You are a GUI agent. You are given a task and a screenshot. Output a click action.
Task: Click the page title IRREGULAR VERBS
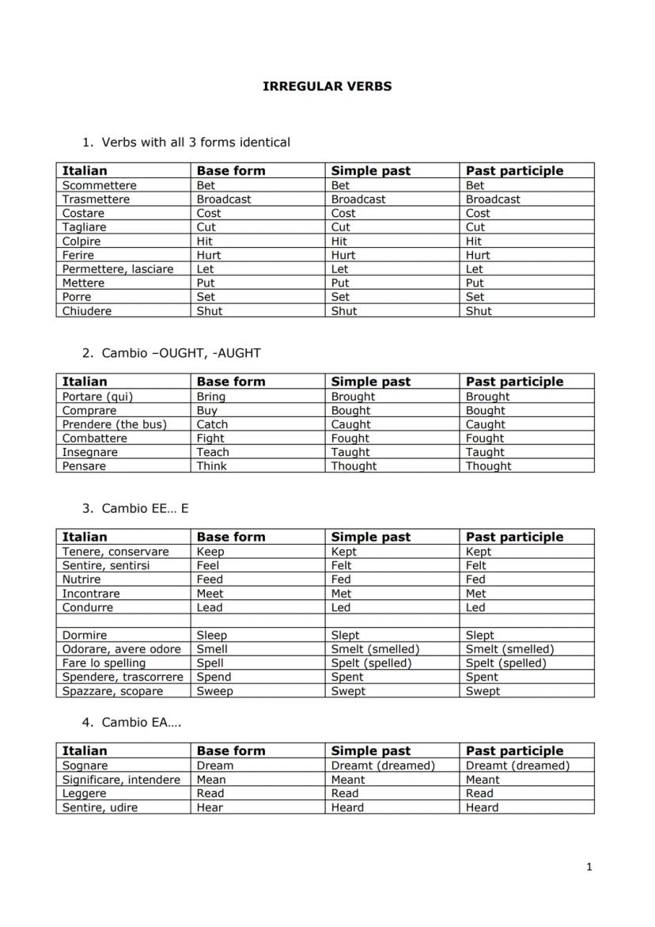tap(327, 86)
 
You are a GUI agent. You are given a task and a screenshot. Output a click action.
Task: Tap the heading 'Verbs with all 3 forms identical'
tap(195, 142)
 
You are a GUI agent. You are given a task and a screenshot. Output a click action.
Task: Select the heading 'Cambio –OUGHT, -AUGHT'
tap(181, 353)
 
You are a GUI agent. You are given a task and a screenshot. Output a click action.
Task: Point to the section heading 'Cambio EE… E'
tap(145, 508)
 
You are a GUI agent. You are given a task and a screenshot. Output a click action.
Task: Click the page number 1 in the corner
tap(589, 868)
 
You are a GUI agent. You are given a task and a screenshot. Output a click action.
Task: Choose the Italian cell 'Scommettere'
tap(100, 185)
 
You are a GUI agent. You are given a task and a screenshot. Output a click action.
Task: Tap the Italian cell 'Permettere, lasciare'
tap(118, 269)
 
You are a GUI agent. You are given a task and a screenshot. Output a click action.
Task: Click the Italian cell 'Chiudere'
tap(87, 311)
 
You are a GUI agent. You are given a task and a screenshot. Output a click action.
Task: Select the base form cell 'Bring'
tap(211, 397)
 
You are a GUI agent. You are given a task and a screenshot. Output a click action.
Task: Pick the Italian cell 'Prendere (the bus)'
tap(115, 424)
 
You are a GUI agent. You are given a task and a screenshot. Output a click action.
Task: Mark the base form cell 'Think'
tap(212, 466)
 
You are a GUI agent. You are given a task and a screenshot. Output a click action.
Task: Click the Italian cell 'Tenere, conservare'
tap(115, 552)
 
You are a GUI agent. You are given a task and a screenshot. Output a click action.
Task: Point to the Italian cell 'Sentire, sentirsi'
tap(106, 566)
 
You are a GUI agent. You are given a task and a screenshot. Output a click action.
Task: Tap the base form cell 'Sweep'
tap(215, 691)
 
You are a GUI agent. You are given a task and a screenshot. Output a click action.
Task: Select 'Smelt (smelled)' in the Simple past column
tap(375, 649)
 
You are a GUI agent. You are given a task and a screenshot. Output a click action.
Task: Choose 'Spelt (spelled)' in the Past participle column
tap(506, 663)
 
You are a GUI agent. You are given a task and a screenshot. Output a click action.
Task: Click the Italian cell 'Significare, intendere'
tap(121, 780)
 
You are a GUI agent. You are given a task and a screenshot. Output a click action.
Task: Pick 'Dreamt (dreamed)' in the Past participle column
tap(517, 766)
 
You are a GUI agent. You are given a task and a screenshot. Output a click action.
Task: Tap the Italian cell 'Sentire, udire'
tap(100, 807)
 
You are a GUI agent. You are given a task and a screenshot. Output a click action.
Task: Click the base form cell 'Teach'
tap(213, 452)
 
